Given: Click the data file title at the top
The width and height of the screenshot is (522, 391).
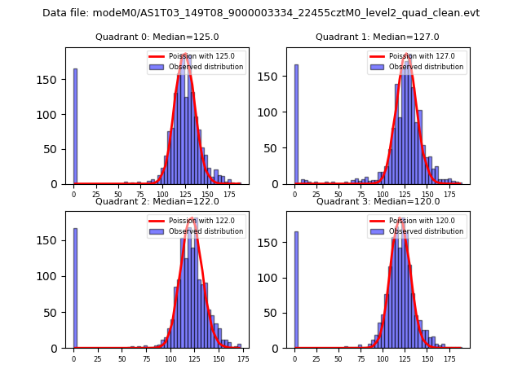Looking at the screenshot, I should (261, 13).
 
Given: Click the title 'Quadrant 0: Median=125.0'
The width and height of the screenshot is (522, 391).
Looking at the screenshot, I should (157, 37).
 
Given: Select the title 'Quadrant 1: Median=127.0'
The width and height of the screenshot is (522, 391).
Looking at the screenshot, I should (378, 37).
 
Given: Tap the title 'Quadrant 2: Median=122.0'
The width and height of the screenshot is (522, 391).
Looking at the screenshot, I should (157, 201).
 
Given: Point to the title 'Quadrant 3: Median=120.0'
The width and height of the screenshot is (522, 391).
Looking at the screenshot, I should (378, 201).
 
